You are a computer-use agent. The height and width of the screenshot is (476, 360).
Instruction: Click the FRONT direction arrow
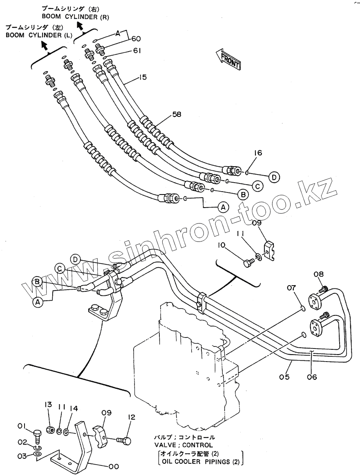[x=228, y=58]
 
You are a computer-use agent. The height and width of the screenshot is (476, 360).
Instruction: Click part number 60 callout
[x=136, y=39]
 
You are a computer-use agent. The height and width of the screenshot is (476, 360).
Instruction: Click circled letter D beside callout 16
[x=274, y=177]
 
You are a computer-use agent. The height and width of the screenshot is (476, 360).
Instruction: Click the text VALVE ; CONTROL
[x=183, y=445]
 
